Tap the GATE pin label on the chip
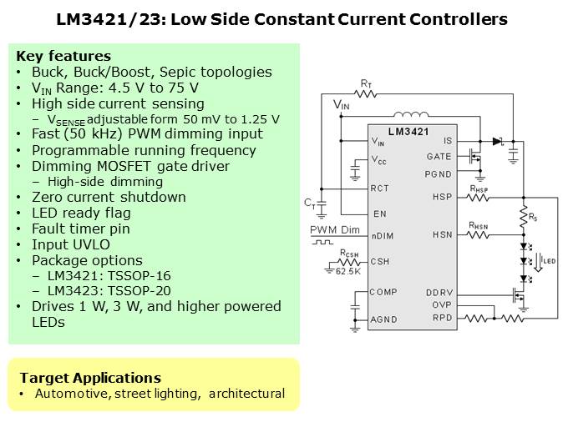[439, 156]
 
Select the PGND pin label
[439, 173]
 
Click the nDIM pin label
[383, 235]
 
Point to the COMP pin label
[383, 292]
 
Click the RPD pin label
[441, 318]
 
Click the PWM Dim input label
[334, 229]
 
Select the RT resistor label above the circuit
[366, 83]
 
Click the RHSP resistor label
[479, 188]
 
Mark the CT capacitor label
[309, 203]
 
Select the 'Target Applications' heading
[90, 377]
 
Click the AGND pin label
[383, 319]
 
